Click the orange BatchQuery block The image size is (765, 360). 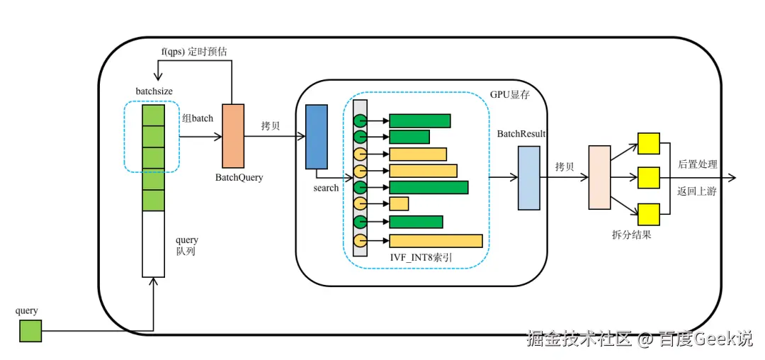point(233,135)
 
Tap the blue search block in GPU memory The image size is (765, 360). point(316,137)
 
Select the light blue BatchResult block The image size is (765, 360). point(529,178)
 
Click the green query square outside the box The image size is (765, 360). point(30,331)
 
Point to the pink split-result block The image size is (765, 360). point(600,178)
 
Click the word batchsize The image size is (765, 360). point(155,91)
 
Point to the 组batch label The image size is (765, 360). point(198,118)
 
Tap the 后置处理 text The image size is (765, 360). point(697,164)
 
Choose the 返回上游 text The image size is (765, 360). point(697,191)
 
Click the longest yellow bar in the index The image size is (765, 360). point(436,241)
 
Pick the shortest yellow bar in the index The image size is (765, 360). point(399,203)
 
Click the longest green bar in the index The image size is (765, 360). point(429,187)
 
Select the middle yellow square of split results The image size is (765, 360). point(648,178)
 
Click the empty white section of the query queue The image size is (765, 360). point(153,244)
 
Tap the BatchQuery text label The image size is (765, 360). point(239,178)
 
